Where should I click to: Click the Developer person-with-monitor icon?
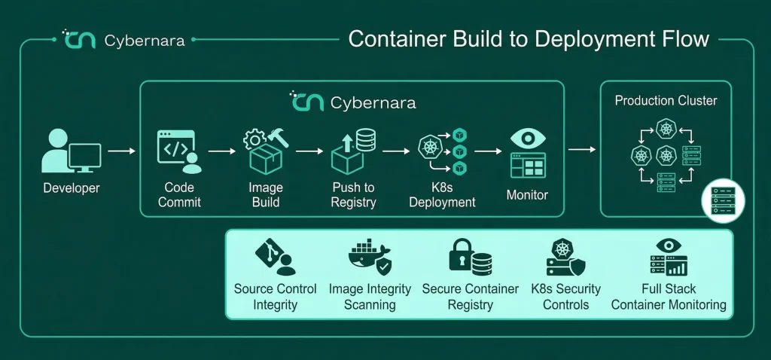pos(72,151)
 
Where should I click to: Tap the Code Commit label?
pos(179,194)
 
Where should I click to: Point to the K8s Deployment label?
pos(442,194)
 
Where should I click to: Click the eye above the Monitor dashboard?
pos(528,138)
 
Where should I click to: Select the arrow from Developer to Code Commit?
pos(121,151)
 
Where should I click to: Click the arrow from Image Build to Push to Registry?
pos(309,151)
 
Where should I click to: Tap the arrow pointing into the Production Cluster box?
pos(582,149)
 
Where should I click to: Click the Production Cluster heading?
pos(666,101)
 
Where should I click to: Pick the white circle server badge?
pos(723,200)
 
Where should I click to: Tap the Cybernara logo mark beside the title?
pos(78,39)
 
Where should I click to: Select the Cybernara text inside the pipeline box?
pos(373,102)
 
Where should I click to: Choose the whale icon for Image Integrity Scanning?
pos(370,256)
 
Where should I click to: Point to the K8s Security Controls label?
pos(566,297)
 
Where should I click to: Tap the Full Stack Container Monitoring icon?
pos(669,258)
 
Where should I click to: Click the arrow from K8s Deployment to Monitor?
pos(488,151)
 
